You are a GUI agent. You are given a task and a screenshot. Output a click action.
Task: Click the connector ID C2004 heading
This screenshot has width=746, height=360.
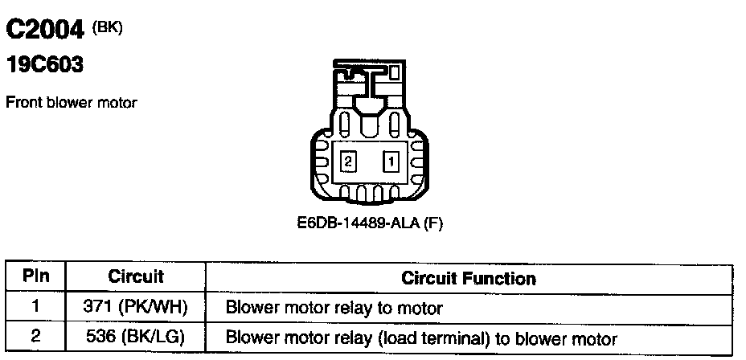[46, 30]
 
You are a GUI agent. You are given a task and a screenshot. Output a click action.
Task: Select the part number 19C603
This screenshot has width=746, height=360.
[45, 65]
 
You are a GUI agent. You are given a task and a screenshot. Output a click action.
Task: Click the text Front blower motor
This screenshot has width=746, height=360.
[72, 103]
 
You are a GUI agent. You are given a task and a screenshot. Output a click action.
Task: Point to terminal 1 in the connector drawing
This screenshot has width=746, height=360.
[391, 161]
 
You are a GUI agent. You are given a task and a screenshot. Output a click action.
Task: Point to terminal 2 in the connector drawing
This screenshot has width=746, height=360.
[347, 161]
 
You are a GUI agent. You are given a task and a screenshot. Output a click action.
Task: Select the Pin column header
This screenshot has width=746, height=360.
[36, 277]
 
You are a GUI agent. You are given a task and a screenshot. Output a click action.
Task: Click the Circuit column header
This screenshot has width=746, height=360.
[136, 277]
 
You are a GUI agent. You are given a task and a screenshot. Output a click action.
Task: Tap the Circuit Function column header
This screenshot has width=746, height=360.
[468, 279]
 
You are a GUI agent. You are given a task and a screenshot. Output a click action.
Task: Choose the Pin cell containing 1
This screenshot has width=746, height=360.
[36, 306]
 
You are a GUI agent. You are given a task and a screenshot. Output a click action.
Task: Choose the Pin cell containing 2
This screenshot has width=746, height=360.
[36, 337]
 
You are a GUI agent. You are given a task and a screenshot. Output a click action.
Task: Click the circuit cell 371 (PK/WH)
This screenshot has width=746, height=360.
[136, 306]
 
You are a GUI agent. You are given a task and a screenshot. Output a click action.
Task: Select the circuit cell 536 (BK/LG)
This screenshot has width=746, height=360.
[136, 337]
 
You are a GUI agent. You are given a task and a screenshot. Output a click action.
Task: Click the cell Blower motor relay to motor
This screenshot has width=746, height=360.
[334, 307]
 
